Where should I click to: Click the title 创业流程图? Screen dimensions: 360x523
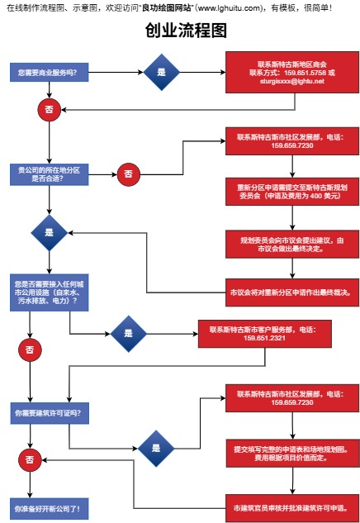click(x=186, y=31)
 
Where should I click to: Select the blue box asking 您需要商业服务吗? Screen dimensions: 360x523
click(x=50, y=72)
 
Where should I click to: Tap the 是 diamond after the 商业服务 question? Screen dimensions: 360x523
click(x=161, y=72)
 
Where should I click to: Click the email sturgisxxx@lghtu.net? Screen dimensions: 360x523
click(x=292, y=81)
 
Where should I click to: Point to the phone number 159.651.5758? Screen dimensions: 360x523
click(x=305, y=73)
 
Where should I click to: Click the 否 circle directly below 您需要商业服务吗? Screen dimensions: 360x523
click(x=50, y=109)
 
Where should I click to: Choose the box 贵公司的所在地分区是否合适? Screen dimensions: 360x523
click(x=50, y=174)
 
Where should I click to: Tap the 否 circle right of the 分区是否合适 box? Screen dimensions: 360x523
click(x=128, y=174)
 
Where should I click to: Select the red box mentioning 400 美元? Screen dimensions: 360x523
click(x=292, y=192)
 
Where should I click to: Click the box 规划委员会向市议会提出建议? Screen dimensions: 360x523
click(x=292, y=245)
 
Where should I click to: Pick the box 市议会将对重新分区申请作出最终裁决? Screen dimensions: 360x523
click(x=292, y=292)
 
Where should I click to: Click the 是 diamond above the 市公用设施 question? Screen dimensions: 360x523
click(x=50, y=232)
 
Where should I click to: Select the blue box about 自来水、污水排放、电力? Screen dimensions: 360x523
click(x=50, y=292)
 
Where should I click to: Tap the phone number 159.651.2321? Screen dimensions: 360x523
click(x=264, y=338)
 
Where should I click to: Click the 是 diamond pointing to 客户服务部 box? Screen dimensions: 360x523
click(x=128, y=334)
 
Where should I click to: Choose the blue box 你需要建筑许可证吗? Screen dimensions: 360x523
click(x=50, y=413)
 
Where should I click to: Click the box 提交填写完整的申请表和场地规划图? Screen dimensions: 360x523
click(x=292, y=454)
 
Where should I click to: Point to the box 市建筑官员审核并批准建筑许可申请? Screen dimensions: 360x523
click(x=292, y=508)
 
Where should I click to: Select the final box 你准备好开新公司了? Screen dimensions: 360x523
click(x=50, y=509)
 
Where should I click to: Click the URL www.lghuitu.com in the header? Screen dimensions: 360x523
click(x=229, y=7)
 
